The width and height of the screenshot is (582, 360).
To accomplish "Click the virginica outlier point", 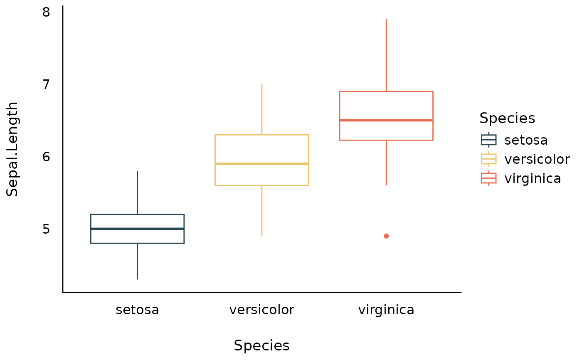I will [x=386, y=236].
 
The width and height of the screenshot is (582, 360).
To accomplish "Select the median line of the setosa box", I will [x=137, y=229].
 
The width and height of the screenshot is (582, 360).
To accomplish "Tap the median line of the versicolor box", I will [x=261, y=164].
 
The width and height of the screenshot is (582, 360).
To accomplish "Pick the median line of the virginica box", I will [x=386, y=120].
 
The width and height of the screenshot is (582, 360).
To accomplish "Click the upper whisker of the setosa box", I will [x=137, y=192].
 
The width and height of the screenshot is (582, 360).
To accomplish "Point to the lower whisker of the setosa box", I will [x=137, y=261].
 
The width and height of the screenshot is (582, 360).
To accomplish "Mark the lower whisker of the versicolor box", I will [x=261, y=210].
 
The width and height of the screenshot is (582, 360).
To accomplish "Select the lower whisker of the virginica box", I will [x=386, y=163].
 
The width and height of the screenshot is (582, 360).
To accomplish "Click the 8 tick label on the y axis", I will [x=46, y=12].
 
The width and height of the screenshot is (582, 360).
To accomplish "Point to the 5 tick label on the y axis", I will [x=46, y=229].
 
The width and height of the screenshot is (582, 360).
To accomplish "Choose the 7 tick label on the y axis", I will [x=46, y=84].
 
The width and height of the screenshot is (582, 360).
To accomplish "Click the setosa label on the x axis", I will [x=137, y=310].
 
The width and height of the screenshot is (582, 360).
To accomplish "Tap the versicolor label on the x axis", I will [x=261, y=310].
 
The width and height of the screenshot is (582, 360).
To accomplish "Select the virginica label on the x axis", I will [x=386, y=310].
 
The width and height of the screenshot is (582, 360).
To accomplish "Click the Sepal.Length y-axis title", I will [x=12, y=149].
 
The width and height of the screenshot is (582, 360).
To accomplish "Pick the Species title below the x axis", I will [x=261, y=346].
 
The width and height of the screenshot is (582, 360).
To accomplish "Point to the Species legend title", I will [x=507, y=118].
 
